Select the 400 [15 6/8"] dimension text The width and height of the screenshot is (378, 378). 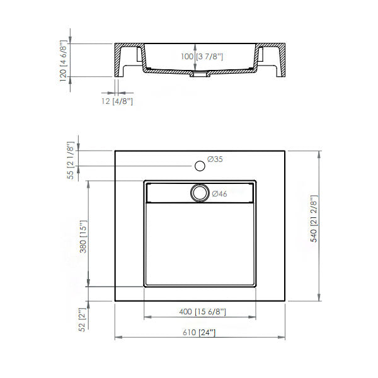(x=202, y=312)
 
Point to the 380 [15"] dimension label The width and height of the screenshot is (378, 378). (x=83, y=235)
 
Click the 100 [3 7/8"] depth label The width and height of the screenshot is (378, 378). (x=202, y=57)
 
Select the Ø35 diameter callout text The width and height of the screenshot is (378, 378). (x=214, y=159)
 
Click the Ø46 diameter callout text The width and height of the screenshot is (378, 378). (x=219, y=194)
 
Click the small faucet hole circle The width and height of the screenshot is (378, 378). (x=200, y=166)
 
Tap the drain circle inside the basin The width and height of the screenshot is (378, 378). (x=200, y=192)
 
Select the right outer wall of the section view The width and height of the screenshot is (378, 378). (x=284, y=60)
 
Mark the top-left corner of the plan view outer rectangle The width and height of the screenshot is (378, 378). (x=115, y=151)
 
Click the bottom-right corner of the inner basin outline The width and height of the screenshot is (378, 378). (x=256, y=287)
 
